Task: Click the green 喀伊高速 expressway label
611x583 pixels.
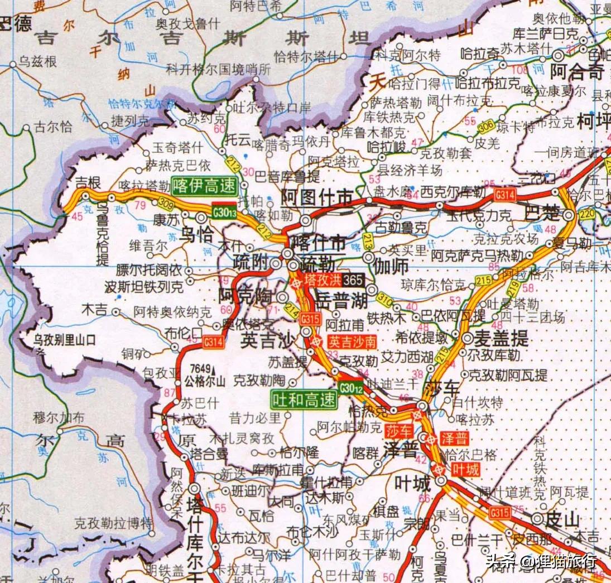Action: coord(204,186)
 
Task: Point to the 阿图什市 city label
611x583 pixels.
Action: coord(317,197)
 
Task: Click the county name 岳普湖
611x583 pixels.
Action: coord(341,302)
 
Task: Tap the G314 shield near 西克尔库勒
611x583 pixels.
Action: coord(504,194)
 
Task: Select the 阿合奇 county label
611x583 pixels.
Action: coord(578,71)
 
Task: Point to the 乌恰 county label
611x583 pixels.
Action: coord(198,234)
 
